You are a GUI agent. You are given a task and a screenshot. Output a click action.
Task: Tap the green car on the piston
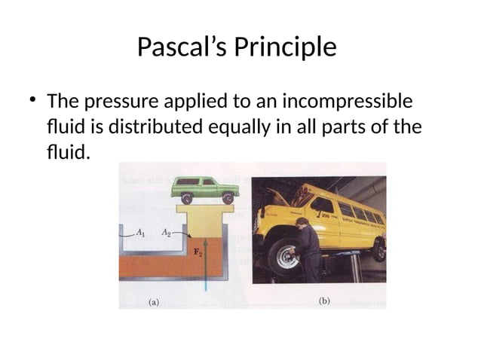coord(203,188)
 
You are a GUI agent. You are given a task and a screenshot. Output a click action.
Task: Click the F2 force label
coord(199,253)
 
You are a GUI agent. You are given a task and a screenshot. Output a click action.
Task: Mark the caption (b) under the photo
coord(325,301)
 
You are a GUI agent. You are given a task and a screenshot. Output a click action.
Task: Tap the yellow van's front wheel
coord(283,257)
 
